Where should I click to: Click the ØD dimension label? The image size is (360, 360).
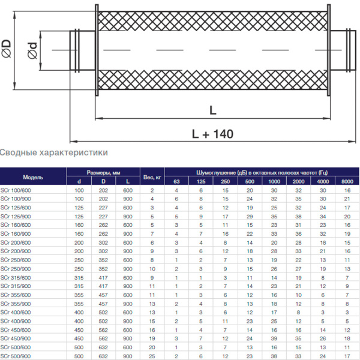7,44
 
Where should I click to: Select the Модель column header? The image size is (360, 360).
33,177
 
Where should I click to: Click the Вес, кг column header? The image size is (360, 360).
152,177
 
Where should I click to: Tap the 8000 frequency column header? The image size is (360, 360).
347,182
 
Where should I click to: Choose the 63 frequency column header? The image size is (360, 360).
176,182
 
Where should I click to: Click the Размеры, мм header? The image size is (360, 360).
103,173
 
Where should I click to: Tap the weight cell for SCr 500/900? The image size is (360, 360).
152,356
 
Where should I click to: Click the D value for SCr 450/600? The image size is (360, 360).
103,329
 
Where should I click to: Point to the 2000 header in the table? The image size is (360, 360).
298,182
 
